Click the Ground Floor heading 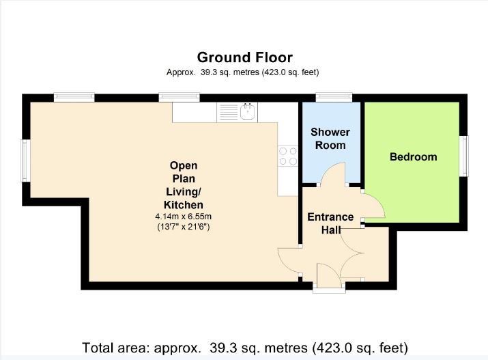(x=245, y=57)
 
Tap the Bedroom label (x=414, y=156)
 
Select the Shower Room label (x=330, y=139)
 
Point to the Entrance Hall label (x=330, y=223)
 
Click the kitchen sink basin (x=248, y=112)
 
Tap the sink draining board (x=229, y=112)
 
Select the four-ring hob (x=288, y=156)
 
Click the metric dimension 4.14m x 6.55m (x=184, y=216)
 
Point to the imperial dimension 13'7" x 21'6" (x=184, y=227)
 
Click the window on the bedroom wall (x=464, y=156)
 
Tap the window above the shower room (x=334, y=97)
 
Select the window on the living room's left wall (x=25, y=161)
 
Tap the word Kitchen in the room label (x=184, y=205)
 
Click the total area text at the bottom (x=245, y=348)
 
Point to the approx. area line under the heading (x=242, y=72)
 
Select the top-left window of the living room (x=74, y=97)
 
